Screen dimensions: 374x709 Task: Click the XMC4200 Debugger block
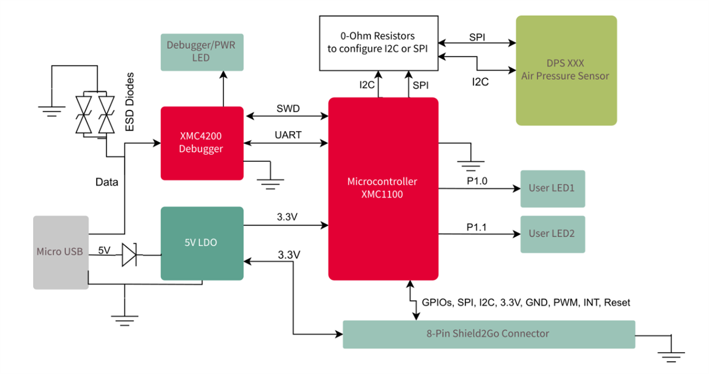coord(202,143)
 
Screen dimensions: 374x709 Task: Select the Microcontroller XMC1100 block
coord(383,188)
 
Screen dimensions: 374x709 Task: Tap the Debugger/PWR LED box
coord(201,52)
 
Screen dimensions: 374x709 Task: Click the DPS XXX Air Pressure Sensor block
coord(565,70)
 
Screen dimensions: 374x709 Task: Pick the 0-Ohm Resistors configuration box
coord(379,43)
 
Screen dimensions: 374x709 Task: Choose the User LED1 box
coord(552,188)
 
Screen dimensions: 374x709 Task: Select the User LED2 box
coord(552,234)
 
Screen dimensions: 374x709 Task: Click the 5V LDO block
coord(202,243)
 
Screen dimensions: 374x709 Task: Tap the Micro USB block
coord(60,252)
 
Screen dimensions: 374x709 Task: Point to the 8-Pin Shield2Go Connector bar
coord(489,334)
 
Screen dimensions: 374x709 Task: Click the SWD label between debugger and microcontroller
coord(288,109)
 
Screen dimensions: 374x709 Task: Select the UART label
coord(288,135)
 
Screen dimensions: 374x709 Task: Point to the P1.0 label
coord(477,181)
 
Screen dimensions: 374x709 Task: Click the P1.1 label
coord(477,227)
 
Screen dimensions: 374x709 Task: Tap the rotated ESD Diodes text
coord(131,102)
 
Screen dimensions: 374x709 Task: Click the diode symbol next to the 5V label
coord(129,255)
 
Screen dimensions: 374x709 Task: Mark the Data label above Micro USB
coord(107,183)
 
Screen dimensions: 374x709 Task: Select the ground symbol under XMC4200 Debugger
coord(270,180)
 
